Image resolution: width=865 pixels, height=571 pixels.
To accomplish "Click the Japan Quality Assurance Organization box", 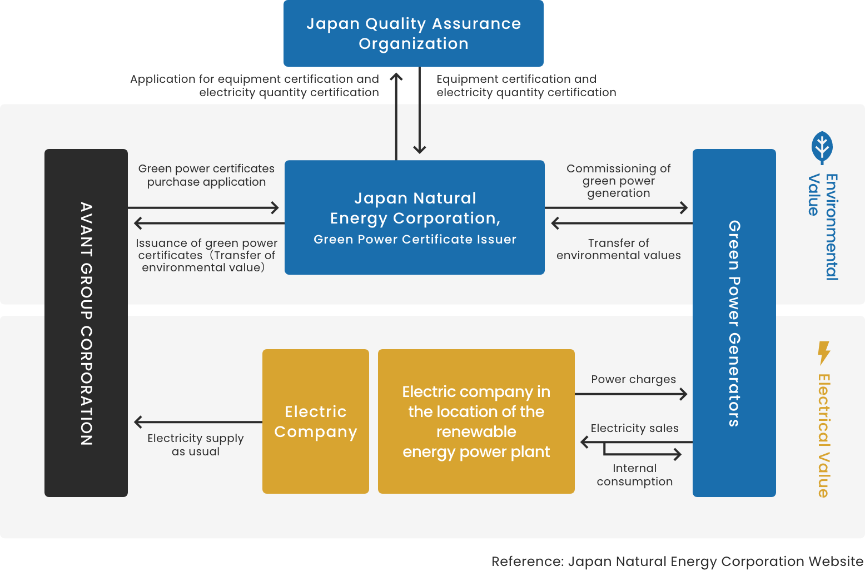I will [413, 33].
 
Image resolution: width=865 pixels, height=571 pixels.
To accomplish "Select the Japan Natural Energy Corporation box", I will [415, 217].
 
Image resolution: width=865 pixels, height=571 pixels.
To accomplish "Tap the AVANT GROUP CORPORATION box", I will [86, 323].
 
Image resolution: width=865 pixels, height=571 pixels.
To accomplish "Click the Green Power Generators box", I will [734, 323].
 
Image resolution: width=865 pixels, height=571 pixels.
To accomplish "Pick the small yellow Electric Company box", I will [316, 421].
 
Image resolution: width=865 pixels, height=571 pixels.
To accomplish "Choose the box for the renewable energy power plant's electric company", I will [476, 421].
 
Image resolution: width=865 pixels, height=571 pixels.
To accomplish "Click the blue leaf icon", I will [822, 147].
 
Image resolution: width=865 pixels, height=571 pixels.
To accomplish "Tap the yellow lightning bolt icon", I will [823, 352].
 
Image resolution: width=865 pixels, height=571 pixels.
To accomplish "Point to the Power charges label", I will [633, 379].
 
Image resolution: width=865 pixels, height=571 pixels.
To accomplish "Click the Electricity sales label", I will [634, 428].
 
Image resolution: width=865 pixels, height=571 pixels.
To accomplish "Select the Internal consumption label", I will [634, 475].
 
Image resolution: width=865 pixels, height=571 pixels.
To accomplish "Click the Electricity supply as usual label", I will [196, 445].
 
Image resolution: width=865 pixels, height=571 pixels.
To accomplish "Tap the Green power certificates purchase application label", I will [206, 175].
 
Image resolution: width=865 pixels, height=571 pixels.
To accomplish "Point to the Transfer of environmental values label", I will [618, 249].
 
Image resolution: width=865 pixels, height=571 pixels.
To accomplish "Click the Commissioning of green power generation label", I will [618, 181].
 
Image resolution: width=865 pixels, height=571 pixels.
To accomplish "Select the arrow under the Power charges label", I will [631, 394].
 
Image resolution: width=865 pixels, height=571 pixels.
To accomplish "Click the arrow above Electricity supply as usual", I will [198, 422].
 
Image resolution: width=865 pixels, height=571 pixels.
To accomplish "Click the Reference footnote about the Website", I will [677, 562].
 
